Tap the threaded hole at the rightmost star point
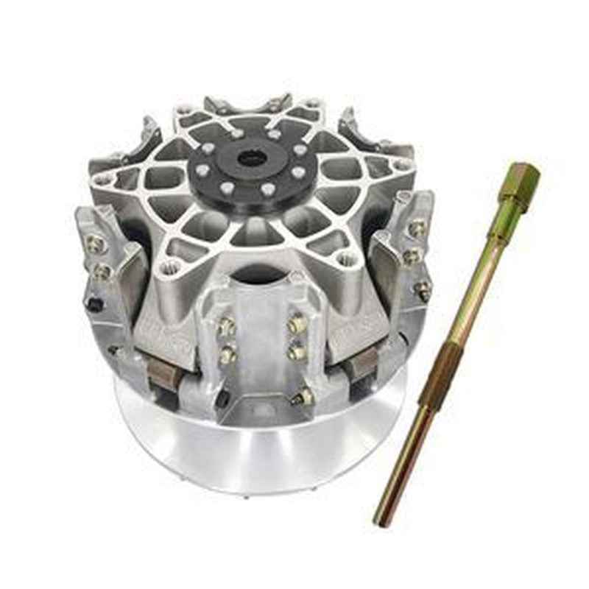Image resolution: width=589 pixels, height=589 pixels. tap(401, 165)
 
